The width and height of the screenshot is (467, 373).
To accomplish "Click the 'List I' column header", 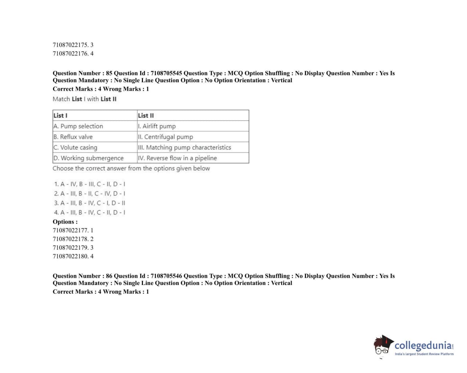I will click(60, 115).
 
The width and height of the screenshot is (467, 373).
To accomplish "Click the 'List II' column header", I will click(146, 115).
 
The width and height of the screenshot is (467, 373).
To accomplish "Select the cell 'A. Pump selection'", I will click(78, 126).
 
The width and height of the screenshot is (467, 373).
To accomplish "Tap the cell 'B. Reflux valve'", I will click(73, 137).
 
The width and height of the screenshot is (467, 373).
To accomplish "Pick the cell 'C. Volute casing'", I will click(75, 147).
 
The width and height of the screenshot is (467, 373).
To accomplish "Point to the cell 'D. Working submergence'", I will click(88, 158).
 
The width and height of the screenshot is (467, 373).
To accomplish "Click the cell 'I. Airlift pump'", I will click(157, 126).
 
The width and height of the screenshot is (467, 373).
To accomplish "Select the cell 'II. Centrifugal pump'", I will click(165, 137).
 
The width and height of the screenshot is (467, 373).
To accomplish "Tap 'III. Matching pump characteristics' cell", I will click(184, 147).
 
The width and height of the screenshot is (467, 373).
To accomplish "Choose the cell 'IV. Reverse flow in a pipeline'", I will click(177, 158).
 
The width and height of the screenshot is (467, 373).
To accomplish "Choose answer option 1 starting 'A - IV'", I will click(89, 184).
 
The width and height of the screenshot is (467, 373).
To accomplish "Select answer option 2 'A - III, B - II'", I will click(89, 194).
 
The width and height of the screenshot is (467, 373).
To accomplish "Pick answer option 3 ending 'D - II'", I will click(89, 203).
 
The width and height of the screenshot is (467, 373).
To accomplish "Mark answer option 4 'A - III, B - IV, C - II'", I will click(89, 213).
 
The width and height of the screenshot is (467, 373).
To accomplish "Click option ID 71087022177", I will click(73, 230).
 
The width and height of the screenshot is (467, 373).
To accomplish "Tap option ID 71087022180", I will click(73, 256).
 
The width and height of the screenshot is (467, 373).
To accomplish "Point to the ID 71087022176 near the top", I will click(73, 53).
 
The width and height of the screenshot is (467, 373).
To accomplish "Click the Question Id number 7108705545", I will click(166, 73).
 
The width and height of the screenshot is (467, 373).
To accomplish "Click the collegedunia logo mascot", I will click(383, 345).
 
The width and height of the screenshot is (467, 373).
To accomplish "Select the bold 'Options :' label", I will click(65, 222).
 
